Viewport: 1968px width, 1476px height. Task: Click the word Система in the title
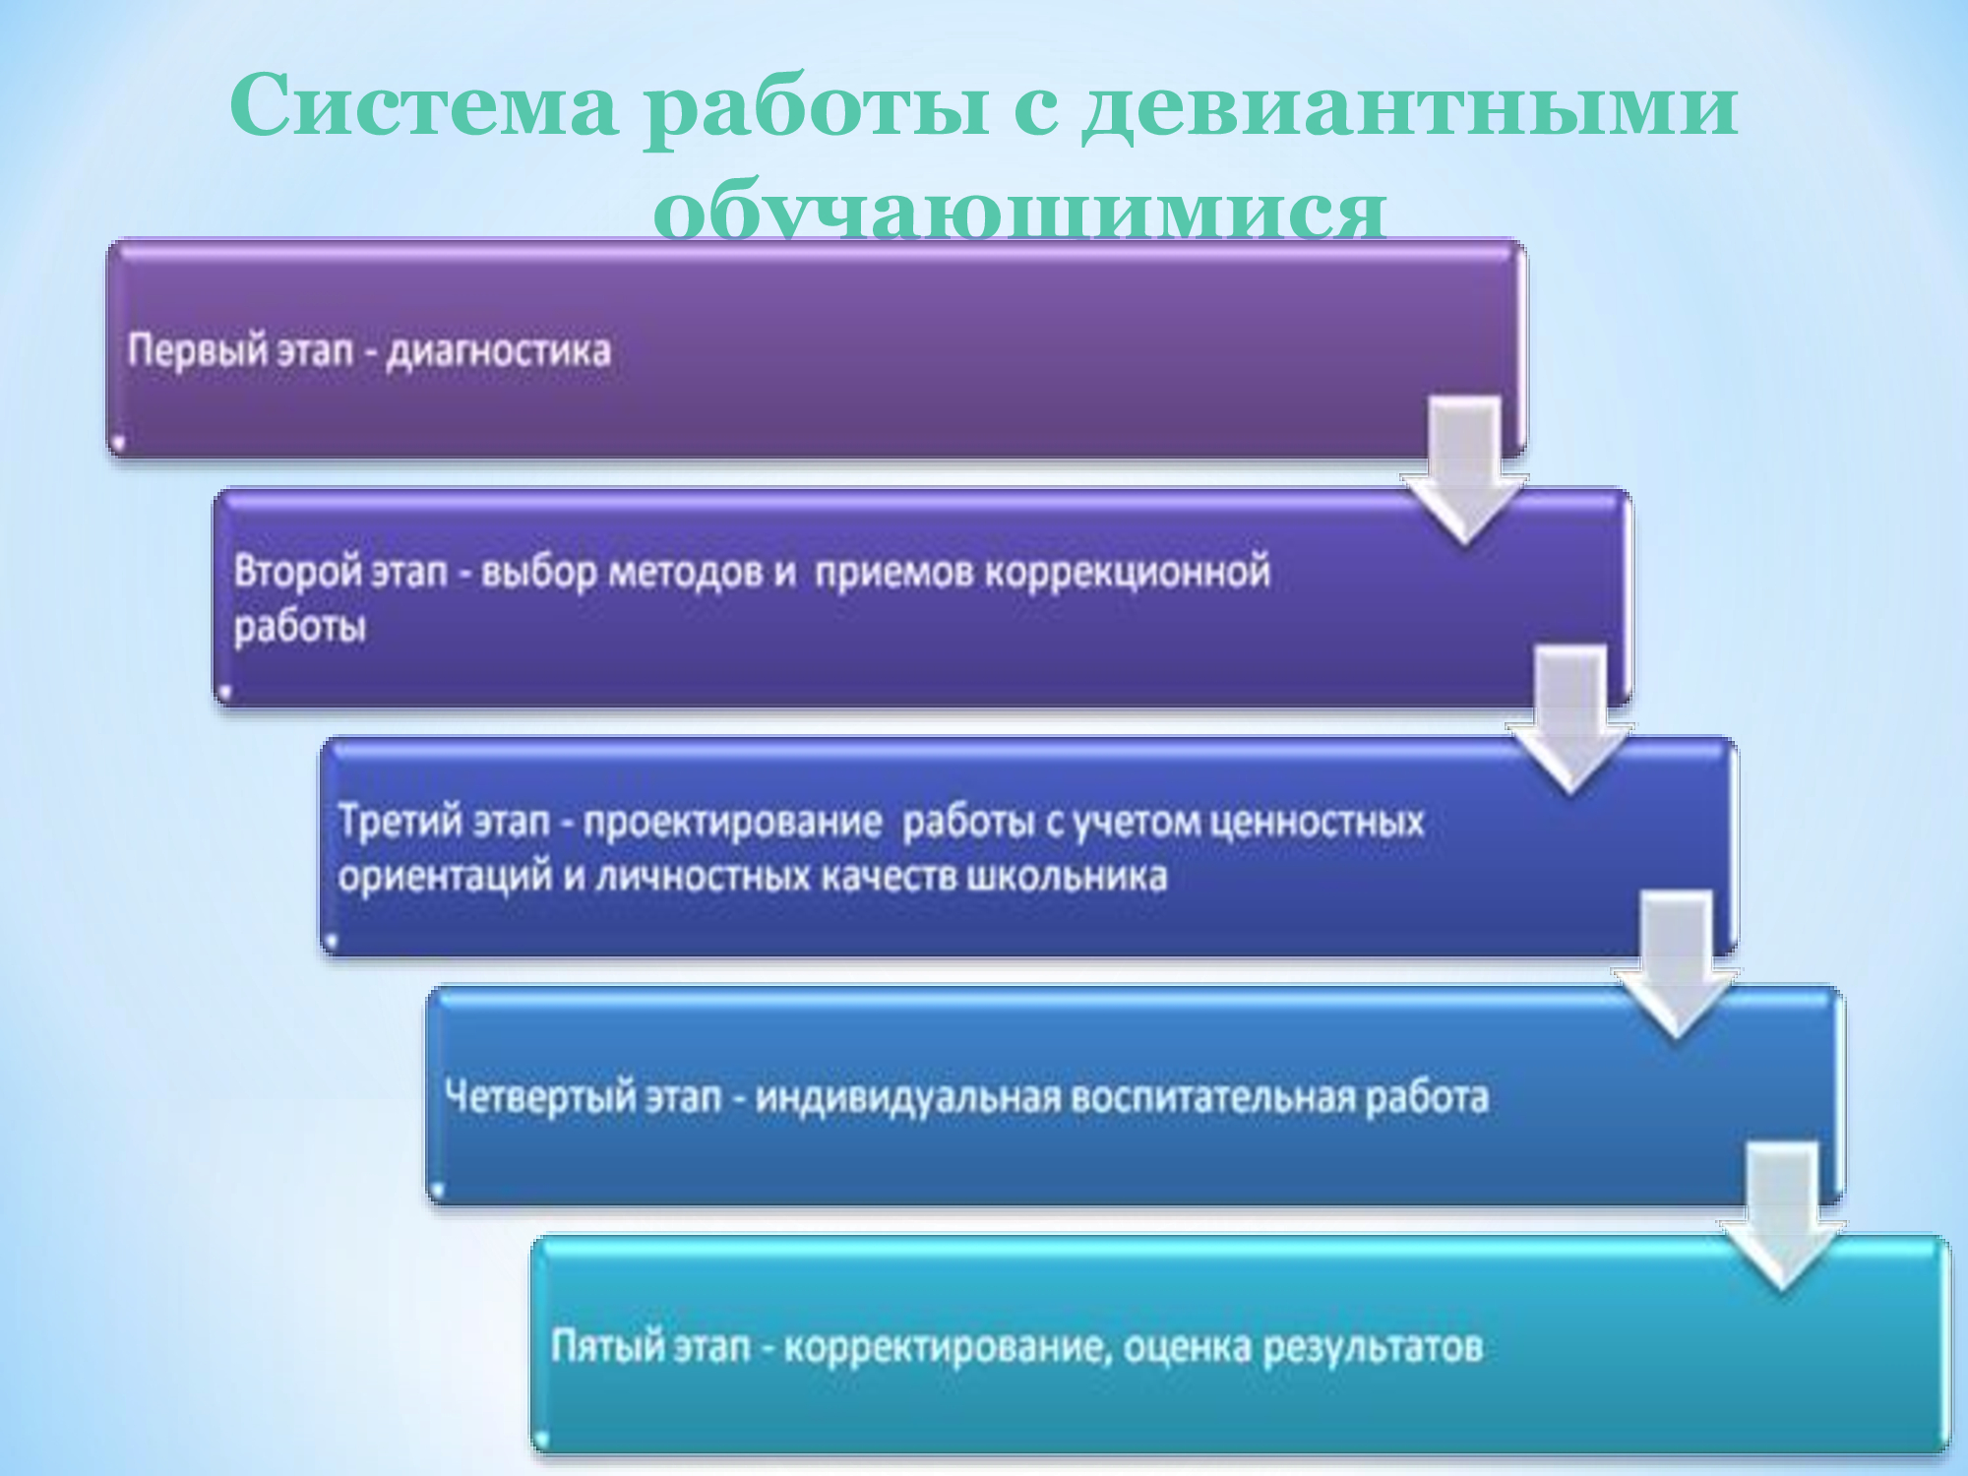424,105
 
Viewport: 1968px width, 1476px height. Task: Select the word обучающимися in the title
1020,211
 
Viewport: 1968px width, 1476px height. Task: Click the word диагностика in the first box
498,351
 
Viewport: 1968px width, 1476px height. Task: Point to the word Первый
198,350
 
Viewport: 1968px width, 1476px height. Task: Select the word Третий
395,821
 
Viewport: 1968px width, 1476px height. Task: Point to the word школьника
1066,876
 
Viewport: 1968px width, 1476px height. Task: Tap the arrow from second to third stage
1569,719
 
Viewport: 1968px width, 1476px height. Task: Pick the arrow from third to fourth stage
1676,964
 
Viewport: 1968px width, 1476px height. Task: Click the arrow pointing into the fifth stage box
1782,1216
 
